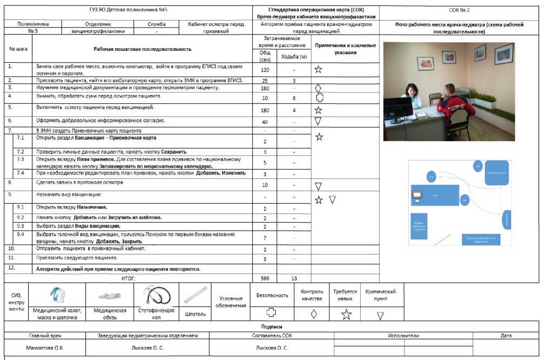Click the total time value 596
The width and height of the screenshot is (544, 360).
tap(265, 278)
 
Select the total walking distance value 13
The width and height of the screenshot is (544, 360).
tap(294, 278)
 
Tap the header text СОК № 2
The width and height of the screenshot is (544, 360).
tap(459, 10)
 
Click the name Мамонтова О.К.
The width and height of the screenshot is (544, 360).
tap(45, 348)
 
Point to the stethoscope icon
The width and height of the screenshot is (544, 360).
tap(156, 296)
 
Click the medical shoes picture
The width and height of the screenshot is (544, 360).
tap(110, 296)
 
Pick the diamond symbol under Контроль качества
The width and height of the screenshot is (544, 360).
tap(313, 314)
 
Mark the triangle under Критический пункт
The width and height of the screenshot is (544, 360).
tap(380, 315)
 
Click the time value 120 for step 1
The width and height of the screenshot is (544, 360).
tap(265, 70)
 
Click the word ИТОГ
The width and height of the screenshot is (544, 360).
tap(128, 278)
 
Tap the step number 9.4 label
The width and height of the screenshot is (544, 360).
tap(21, 235)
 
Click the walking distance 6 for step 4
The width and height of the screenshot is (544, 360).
tap(294, 98)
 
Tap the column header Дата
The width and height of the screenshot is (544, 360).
tap(506, 336)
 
